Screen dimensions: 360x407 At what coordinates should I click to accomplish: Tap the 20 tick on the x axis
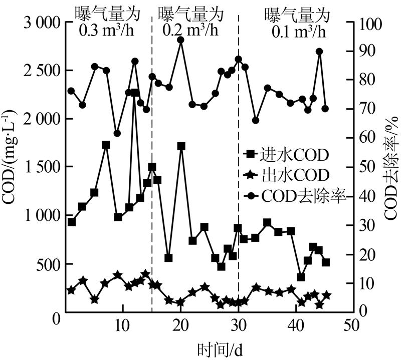[x=180, y=325]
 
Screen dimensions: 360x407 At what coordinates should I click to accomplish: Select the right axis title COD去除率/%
[x=392, y=168]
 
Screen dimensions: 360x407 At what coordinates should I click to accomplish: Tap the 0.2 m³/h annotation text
[x=190, y=32]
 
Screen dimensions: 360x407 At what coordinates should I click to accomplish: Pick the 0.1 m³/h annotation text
[x=299, y=32]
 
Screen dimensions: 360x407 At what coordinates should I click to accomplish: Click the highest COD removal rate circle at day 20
[x=181, y=40]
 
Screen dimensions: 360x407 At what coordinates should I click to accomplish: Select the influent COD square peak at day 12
[x=135, y=93]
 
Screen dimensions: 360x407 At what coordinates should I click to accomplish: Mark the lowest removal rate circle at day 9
[x=117, y=133]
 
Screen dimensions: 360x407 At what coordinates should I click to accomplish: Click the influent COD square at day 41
[x=301, y=277]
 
